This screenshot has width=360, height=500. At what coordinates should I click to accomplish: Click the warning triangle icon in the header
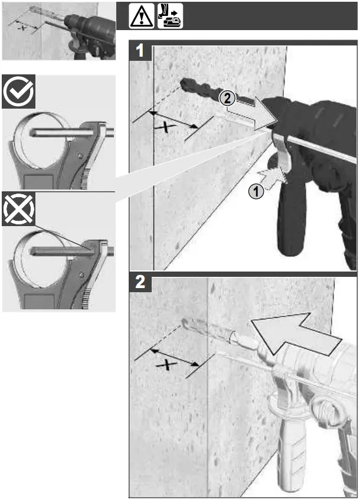pos(142,17)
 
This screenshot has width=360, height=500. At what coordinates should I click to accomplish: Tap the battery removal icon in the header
pos(170,17)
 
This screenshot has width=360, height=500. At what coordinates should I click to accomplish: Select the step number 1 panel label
pos(140,51)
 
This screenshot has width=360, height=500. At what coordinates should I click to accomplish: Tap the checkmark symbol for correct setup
pos(18,92)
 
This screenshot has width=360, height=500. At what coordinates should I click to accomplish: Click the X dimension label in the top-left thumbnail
pos(23,28)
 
